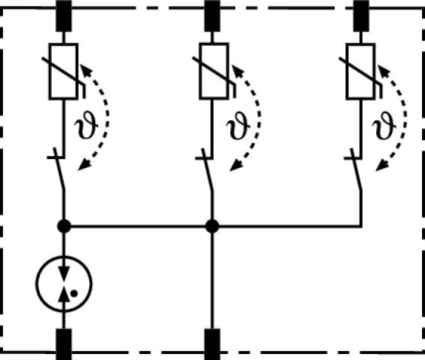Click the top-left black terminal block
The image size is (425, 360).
point(64,16)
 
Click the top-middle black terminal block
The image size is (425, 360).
point(212,16)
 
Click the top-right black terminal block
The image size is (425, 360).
point(361,16)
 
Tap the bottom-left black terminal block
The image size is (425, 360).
point(64,344)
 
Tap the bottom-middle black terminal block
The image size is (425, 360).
point(212,344)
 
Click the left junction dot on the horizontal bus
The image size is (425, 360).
point(64,226)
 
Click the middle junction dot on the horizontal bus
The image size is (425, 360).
point(212,226)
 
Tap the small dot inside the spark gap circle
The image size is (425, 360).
point(73,293)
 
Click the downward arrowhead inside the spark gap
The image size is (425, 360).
point(64,274)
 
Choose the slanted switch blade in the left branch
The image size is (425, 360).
point(59,169)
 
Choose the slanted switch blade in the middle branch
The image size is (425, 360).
point(208,169)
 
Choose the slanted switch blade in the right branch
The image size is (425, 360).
point(357,169)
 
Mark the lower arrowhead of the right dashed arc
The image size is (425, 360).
point(382,166)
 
